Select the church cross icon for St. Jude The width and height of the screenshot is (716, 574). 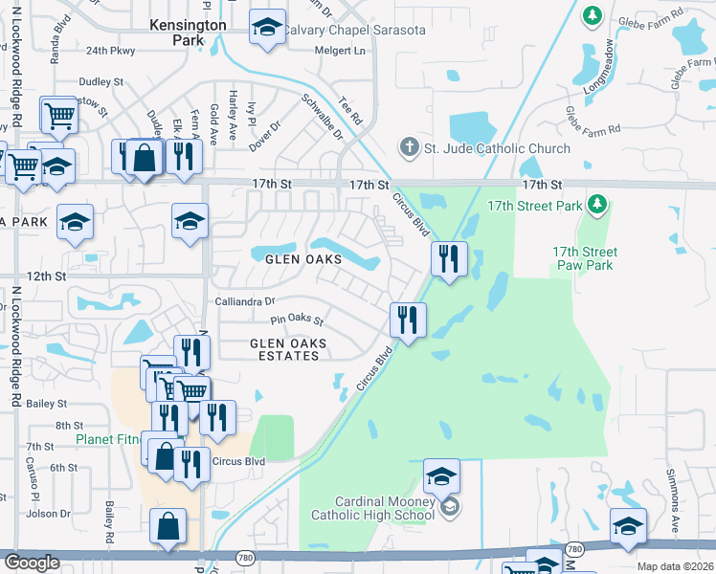coord(409,147)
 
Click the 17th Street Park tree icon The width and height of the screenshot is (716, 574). coord(598,205)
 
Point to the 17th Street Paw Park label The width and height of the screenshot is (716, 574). coord(584,258)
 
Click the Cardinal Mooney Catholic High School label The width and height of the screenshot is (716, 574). coord(372,509)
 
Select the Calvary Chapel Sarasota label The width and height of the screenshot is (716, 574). coord(352,30)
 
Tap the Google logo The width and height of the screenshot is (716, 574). coord(32,563)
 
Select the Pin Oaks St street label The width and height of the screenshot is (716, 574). coord(298,320)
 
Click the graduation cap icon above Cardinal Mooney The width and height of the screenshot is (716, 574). coord(441,475)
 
